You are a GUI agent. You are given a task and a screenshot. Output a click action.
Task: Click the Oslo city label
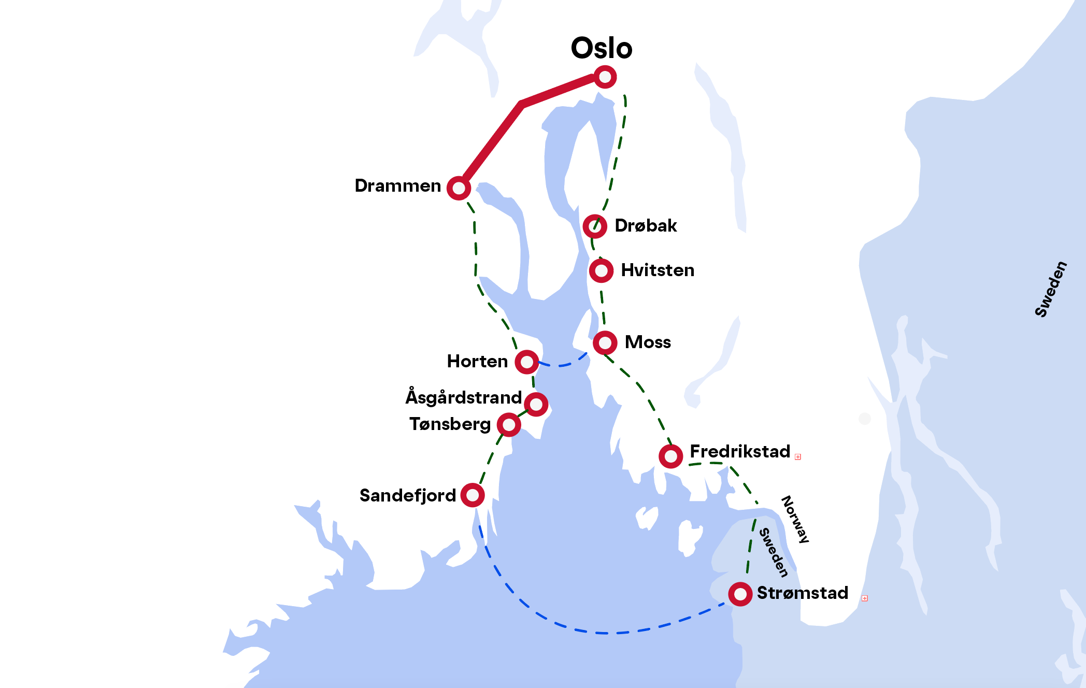click(x=602, y=48)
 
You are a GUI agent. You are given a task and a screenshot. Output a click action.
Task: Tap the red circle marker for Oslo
click(x=605, y=77)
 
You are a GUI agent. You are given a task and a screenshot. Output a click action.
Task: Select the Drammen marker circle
click(x=459, y=188)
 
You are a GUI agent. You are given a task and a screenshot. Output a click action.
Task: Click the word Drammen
click(x=397, y=185)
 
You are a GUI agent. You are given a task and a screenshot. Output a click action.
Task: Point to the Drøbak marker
click(x=595, y=226)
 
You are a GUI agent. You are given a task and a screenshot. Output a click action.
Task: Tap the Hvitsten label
click(x=658, y=270)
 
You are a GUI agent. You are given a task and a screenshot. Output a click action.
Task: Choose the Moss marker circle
click(x=605, y=342)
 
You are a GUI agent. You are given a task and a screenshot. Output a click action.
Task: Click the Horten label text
click(x=477, y=361)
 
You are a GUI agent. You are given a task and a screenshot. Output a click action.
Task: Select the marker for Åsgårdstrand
click(x=536, y=404)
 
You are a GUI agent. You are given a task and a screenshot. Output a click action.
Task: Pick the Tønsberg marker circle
click(x=509, y=425)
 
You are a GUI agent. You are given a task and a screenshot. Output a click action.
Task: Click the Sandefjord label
click(x=408, y=496)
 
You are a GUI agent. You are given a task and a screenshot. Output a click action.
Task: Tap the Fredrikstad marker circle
click(x=670, y=456)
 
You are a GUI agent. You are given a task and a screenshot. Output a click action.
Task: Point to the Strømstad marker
click(x=740, y=594)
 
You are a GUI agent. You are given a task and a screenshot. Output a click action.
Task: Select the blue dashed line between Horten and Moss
click(x=562, y=365)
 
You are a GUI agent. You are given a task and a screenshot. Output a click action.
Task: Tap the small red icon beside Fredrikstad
click(x=798, y=457)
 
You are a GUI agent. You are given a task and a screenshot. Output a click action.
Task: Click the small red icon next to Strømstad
click(x=865, y=598)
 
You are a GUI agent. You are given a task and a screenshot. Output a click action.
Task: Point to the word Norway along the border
click(x=795, y=519)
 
